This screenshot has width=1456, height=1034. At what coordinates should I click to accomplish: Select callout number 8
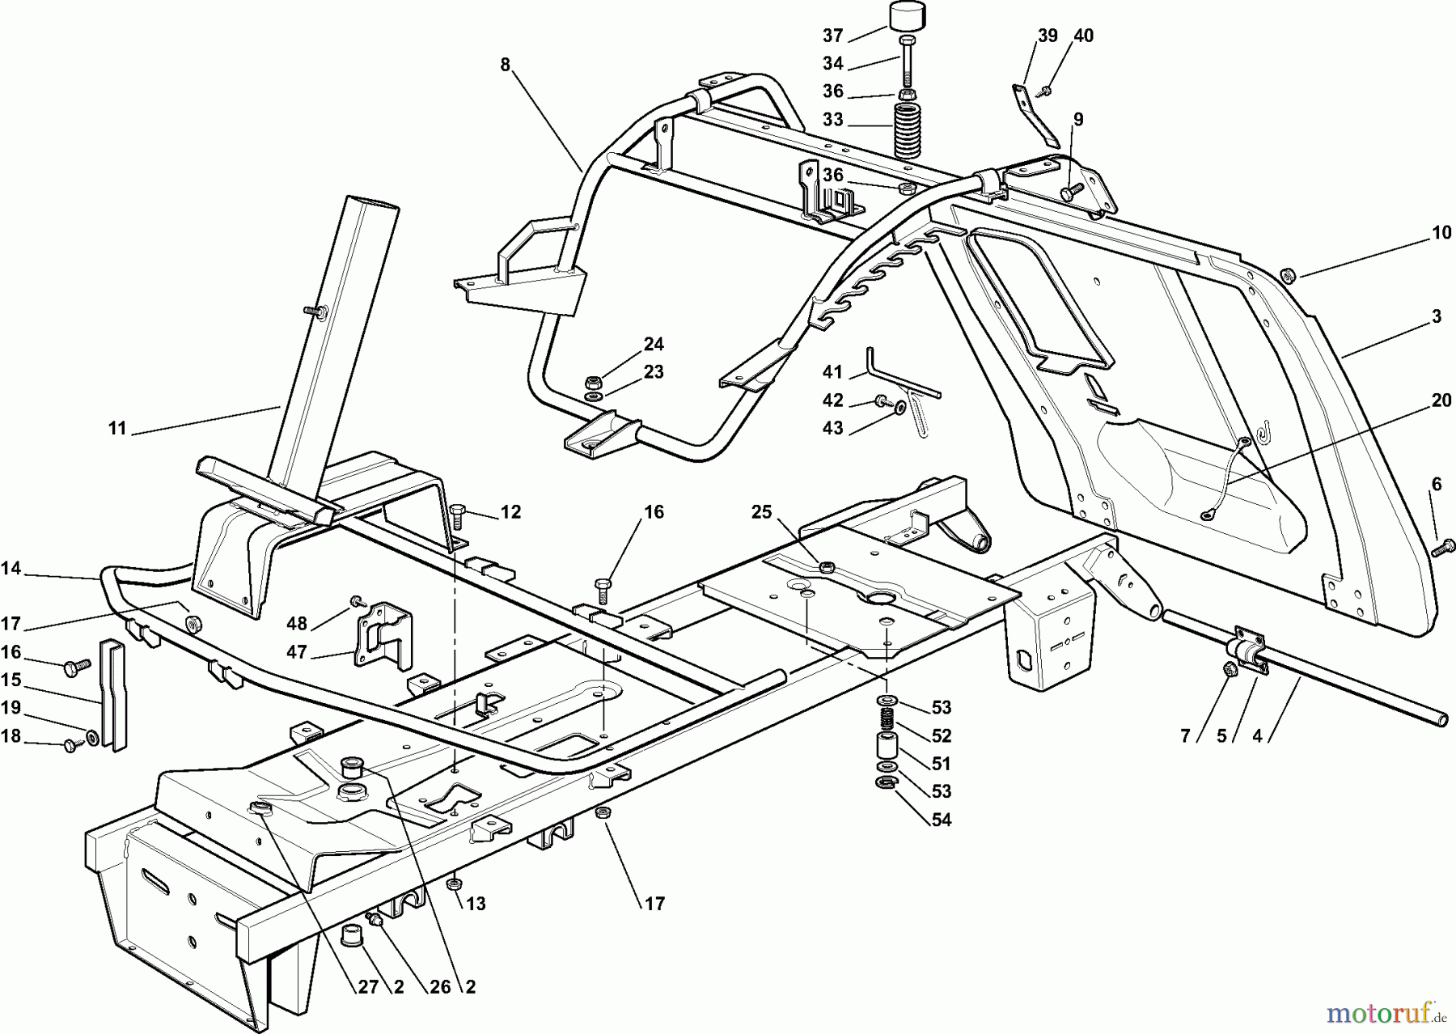tap(506, 66)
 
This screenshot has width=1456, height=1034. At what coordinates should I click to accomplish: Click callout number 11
tap(118, 428)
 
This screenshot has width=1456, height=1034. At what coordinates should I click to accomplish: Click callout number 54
tap(941, 820)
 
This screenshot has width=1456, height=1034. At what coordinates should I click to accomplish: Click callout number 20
tap(1441, 400)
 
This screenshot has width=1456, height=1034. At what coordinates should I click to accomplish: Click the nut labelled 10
tap(1289, 277)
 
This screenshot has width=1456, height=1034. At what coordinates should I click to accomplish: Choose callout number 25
tap(762, 512)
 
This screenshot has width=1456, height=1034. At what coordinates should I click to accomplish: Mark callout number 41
tap(832, 372)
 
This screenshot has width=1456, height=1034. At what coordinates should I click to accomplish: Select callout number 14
tap(11, 569)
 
